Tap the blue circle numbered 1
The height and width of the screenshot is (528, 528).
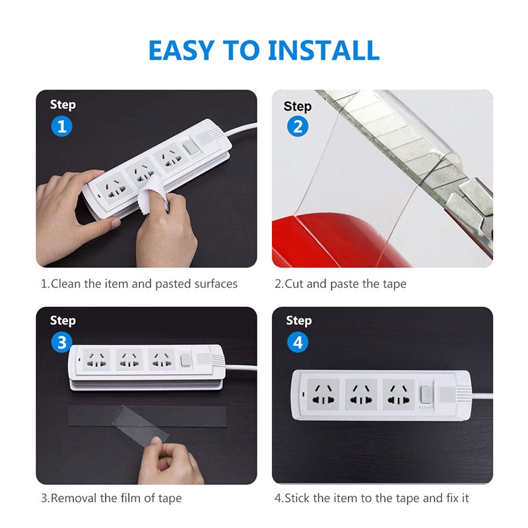[x=61, y=126]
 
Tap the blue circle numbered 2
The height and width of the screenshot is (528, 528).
[x=297, y=127]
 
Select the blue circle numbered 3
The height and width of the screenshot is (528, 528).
[x=61, y=342]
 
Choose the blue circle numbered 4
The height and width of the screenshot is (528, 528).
[x=298, y=342]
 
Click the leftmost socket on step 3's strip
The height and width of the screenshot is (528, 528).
[x=96, y=360]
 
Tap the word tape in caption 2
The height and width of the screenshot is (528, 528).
[x=393, y=284]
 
